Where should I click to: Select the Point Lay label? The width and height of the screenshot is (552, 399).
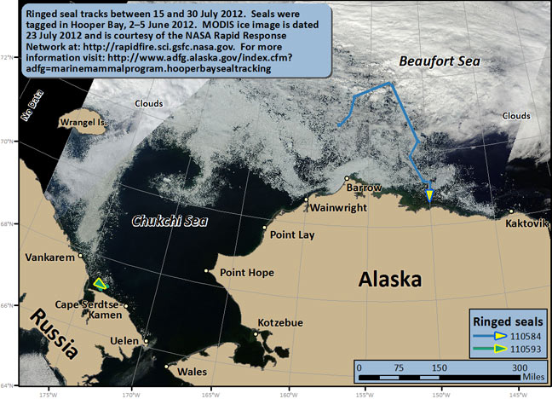coord(291,234)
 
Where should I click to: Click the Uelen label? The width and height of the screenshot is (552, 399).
coord(125,342)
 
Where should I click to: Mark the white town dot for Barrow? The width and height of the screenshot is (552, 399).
coord(348,179)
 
